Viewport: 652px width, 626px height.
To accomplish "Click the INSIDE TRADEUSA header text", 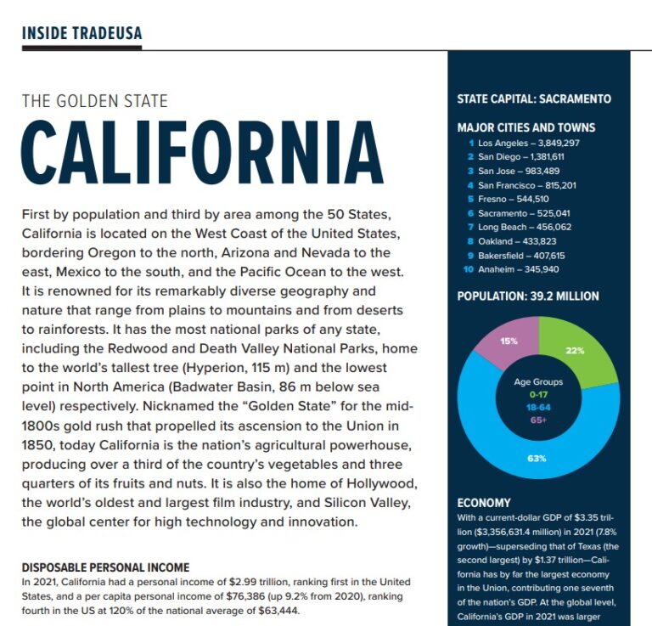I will pos(81,33).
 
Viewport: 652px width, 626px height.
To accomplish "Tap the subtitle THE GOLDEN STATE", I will pos(94,101).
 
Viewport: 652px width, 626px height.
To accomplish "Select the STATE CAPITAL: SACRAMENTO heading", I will pos(533,99).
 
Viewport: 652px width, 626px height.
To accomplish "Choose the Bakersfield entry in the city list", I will pos(521,255).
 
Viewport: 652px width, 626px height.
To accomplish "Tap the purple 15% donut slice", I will pos(509,341).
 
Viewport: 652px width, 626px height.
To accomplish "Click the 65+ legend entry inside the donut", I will pos(538,419).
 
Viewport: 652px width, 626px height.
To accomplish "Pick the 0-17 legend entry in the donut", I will pos(538,394).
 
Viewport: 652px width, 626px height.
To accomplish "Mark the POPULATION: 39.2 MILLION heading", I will pos(527,296).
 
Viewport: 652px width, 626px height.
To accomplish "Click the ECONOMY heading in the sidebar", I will pos(483,503).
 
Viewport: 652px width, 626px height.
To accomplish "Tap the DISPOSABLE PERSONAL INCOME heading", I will pos(105,567).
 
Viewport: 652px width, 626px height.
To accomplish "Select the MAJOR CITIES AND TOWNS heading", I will pos(526,127).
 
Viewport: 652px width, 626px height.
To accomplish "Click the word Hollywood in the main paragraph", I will pos(374,484).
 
